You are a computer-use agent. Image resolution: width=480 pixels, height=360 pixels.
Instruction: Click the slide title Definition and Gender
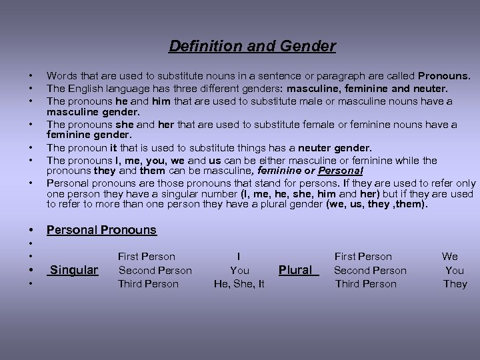tap(252, 46)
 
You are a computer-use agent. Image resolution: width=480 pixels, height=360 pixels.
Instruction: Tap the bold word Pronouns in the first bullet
tap(444, 77)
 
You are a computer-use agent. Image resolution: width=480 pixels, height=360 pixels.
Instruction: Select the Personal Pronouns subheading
tap(101, 230)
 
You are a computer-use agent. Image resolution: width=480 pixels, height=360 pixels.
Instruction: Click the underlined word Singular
tap(74, 270)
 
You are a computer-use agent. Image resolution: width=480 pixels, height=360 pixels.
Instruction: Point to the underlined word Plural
tap(297, 270)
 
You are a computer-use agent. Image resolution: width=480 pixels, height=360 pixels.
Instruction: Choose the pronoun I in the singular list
tap(239, 256)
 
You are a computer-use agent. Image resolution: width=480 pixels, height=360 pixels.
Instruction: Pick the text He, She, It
tap(239, 284)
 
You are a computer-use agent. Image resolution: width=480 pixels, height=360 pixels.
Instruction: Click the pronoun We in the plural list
tap(450, 256)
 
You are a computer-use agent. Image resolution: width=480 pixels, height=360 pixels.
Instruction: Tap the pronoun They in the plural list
tap(455, 284)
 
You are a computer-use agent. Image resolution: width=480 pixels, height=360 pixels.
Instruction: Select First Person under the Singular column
tap(146, 256)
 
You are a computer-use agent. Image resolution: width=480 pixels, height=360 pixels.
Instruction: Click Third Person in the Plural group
tap(366, 284)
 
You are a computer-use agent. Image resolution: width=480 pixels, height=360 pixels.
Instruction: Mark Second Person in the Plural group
tap(370, 270)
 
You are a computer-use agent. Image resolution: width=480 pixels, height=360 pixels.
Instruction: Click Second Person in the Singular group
tap(155, 270)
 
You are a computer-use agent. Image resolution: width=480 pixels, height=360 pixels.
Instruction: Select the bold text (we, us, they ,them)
tap(376, 204)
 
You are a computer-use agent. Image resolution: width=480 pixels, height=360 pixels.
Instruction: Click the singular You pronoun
tap(239, 270)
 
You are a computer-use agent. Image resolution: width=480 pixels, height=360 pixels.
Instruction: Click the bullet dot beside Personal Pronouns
tap(30, 231)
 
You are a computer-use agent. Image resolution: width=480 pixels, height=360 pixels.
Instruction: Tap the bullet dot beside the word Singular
tap(30, 271)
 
